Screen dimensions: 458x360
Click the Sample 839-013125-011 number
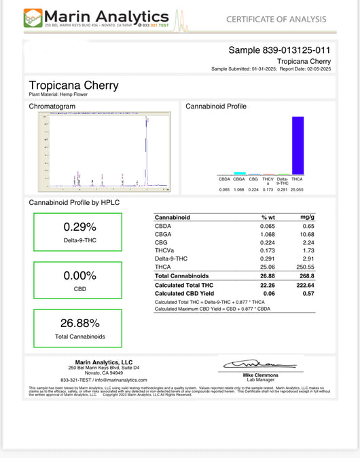point(279,50)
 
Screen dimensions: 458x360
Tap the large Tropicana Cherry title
point(73,85)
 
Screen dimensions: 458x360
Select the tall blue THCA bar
point(298,145)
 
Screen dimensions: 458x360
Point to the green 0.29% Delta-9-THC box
point(78,233)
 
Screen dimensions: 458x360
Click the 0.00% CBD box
point(78,281)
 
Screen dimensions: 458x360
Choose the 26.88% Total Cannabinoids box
point(78,328)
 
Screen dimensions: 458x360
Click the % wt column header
point(268,217)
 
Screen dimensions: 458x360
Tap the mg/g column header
point(308,217)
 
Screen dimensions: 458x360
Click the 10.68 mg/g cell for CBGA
point(308,234)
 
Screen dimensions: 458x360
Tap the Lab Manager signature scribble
point(252,366)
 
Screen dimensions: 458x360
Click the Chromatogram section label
point(51,107)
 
